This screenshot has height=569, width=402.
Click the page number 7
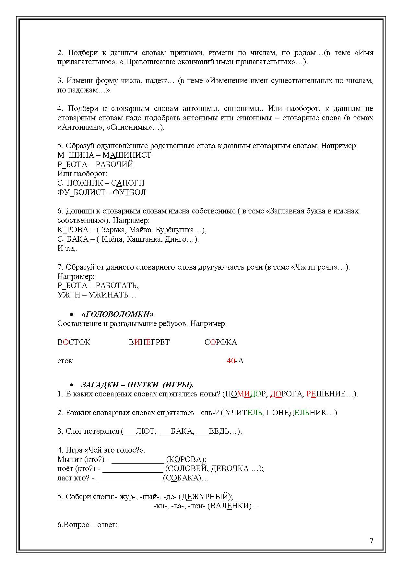coord(372,541)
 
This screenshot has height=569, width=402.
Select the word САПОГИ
coord(128,183)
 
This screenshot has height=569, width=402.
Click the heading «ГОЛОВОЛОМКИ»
coord(118,314)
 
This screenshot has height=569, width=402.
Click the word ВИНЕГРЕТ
coord(149,343)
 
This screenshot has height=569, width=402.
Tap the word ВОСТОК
coord(74,343)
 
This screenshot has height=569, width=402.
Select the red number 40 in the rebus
coord(231,361)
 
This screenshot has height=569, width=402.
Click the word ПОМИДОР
coord(246,394)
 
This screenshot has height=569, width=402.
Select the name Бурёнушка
coord(175,230)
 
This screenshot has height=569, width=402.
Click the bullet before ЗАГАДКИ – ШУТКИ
coord(71,385)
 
